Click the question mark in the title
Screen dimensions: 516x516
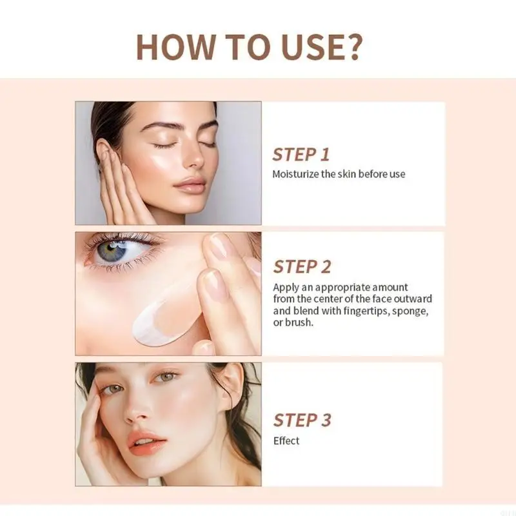click(x=353, y=46)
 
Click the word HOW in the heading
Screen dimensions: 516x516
click(x=175, y=47)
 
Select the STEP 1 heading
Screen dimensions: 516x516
click(x=301, y=155)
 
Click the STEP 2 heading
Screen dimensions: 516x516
click(x=302, y=266)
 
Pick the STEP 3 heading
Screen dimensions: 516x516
click(x=302, y=420)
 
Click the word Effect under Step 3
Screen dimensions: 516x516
click(x=286, y=441)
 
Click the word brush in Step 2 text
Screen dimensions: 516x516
click(x=299, y=322)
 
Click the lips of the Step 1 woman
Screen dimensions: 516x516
click(x=189, y=185)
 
